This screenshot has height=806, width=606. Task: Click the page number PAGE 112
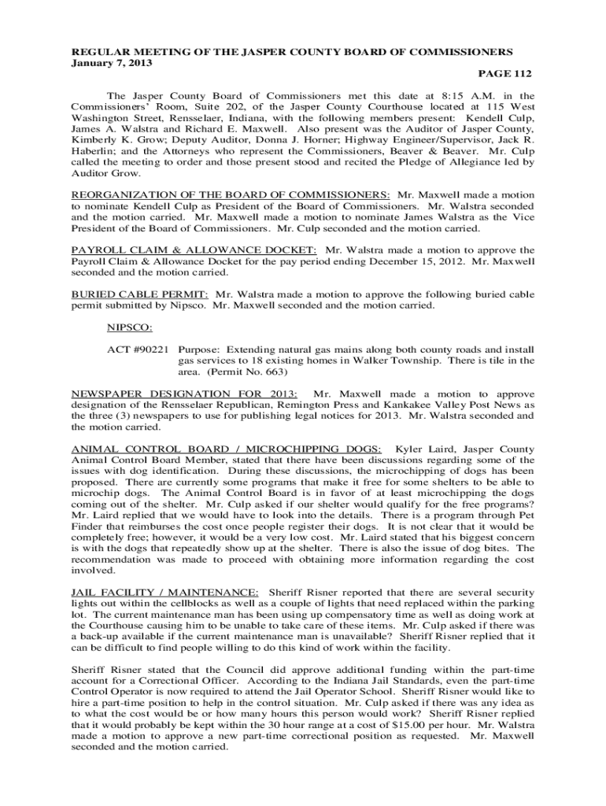[505, 74]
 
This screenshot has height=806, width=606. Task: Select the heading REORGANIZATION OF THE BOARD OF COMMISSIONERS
[231, 194]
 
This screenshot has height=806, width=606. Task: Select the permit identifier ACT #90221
[137, 348]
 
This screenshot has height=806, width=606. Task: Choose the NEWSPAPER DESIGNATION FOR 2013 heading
[184, 394]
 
